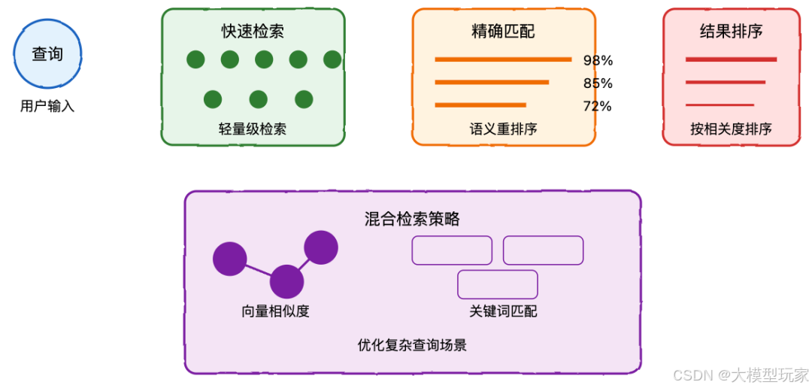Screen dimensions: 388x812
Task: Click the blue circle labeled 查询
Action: [47, 54]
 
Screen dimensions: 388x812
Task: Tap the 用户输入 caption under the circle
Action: [47, 107]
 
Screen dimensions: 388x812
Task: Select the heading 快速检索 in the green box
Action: [253, 31]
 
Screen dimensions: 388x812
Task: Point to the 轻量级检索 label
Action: [253, 129]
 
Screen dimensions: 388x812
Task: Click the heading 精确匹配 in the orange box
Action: [503, 31]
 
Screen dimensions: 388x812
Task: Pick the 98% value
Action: [598, 60]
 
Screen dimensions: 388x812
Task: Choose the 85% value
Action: [598, 83]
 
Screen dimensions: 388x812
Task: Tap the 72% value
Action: [597, 106]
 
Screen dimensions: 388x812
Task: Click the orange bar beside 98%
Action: [503, 59]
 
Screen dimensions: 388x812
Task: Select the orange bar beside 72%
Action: [480, 105]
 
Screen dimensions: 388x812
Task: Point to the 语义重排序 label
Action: [503, 129]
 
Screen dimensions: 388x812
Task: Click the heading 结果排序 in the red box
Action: [731, 31]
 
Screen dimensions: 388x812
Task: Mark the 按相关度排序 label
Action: [731, 129]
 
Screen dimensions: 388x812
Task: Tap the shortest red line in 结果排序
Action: [720, 105]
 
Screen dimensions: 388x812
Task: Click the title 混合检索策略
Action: [412, 219]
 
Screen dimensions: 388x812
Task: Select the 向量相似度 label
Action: [275, 311]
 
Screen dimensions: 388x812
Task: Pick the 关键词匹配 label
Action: [503, 311]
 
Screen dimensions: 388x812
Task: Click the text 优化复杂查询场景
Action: [412, 345]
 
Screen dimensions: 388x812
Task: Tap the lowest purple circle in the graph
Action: [286, 282]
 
